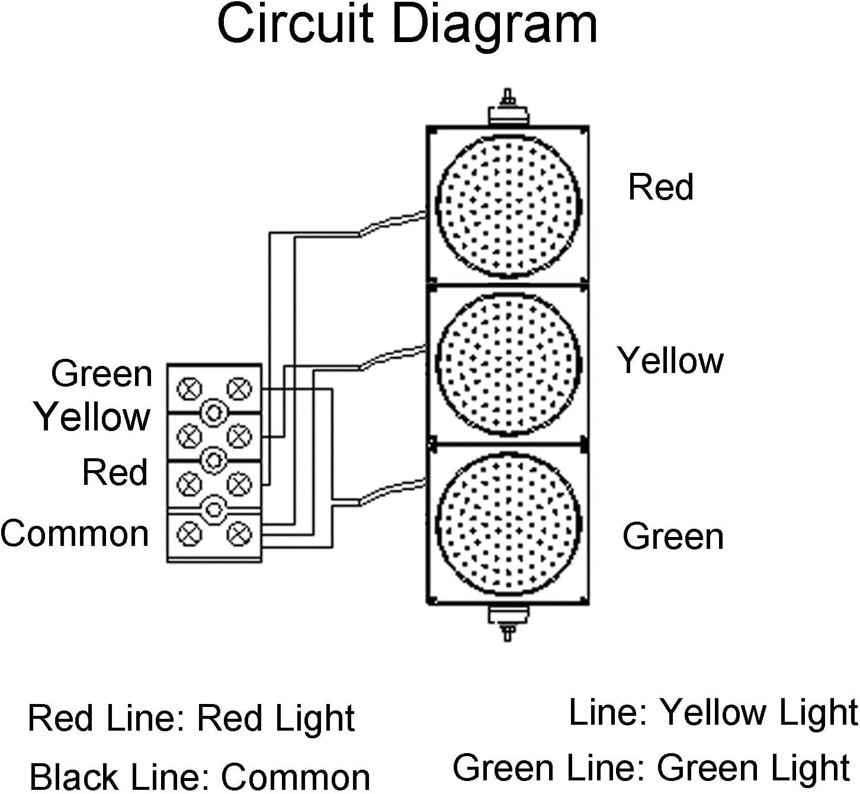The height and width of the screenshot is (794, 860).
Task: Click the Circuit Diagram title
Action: [x=407, y=25]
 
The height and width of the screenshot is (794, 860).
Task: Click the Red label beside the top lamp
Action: [x=660, y=187]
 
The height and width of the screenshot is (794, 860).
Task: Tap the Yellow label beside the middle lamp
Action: [x=670, y=361]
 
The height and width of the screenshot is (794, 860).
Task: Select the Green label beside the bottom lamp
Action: [x=673, y=536]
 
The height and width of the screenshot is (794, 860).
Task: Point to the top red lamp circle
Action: [x=508, y=206]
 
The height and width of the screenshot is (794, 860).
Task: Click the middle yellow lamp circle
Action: [x=508, y=364]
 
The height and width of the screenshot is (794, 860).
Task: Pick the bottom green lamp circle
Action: [x=508, y=523]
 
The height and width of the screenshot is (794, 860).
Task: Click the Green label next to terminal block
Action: [x=102, y=374]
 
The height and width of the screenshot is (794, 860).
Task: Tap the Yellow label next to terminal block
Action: [x=92, y=417]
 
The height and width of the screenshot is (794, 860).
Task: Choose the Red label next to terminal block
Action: [x=115, y=472]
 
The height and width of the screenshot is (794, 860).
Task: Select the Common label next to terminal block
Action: [x=75, y=533]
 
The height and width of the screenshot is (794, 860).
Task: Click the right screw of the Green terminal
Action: [x=239, y=389]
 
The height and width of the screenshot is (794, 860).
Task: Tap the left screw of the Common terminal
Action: [x=190, y=533]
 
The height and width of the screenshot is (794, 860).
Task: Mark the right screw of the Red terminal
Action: [x=239, y=484]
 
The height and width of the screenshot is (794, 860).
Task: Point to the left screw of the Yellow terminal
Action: [x=190, y=436]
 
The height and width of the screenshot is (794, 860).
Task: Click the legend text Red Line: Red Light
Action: [x=191, y=718]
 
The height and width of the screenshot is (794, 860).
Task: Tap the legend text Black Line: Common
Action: [x=200, y=776]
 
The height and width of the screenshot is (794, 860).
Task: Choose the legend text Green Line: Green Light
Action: [x=652, y=768]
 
